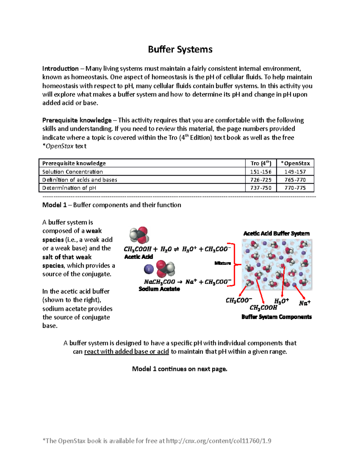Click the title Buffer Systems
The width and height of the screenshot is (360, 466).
[x=180, y=50]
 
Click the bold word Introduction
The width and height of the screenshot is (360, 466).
[x=60, y=69]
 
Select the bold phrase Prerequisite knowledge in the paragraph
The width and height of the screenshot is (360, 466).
[x=77, y=120]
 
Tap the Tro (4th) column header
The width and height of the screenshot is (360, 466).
[x=261, y=163]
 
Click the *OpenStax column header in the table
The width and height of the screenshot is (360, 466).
[x=295, y=163]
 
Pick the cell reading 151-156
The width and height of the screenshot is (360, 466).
[x=261, y=172]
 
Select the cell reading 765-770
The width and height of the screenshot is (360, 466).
[x=295, y=180]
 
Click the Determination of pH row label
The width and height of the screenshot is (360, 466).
[x=69, y=188]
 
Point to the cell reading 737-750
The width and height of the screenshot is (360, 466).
[x=261, y=188]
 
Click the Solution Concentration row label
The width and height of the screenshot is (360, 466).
[x=73, y=172]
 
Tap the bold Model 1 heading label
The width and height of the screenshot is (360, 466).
[x=54, y=205]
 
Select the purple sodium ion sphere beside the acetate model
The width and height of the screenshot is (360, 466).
[x=149, y=269]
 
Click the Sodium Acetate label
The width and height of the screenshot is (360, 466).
[x=159, y=289]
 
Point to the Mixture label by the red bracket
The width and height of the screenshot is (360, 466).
[x=223, y=263]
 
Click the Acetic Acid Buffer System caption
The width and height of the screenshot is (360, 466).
[x=276, y=233]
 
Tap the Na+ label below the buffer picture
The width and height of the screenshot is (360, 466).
[x=304, y=303]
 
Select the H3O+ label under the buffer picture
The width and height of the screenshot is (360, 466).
[x=281, y=301]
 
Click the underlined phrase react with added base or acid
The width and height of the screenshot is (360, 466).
[x=126, y=352]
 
